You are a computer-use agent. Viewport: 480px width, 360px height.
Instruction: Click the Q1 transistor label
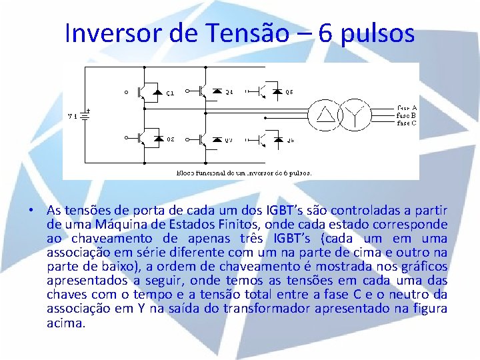point(171,93)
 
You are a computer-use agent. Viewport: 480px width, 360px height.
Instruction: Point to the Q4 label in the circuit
point(229,92)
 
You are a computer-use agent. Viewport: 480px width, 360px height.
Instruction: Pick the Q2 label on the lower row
point(171,140)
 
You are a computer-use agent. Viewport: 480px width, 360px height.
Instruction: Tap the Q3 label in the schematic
point(229,141)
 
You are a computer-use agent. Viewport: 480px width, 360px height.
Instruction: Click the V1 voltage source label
point(73,116)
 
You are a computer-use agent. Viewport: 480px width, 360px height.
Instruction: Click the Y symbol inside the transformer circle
point(357,116)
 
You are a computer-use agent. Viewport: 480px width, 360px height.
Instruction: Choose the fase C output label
point(407,123)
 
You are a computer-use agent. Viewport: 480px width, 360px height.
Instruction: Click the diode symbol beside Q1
point(158,92)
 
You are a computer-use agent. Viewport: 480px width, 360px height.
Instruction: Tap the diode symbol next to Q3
point(217,140)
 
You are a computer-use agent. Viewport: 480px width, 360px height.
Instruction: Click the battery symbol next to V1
point(85,115)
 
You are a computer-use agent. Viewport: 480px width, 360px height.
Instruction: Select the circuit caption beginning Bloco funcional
point(243,171)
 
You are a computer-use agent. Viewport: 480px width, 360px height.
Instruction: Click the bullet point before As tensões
point(31,210)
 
